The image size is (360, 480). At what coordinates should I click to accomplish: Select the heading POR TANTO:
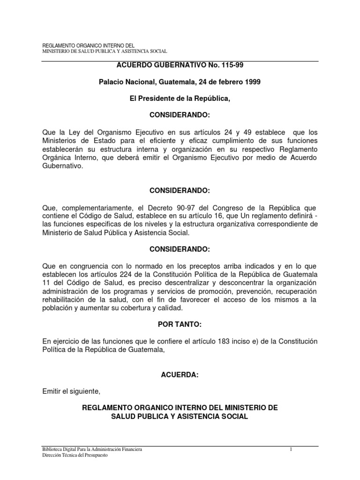180,324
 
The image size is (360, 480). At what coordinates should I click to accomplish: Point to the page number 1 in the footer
291,450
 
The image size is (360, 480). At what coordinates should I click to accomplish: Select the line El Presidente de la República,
180,99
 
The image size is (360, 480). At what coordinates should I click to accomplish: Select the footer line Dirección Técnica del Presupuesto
75,456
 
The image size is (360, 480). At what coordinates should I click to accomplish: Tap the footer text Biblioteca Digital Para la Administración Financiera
92,450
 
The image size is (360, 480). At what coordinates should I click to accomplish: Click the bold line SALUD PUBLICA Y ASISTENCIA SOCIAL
180,416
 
